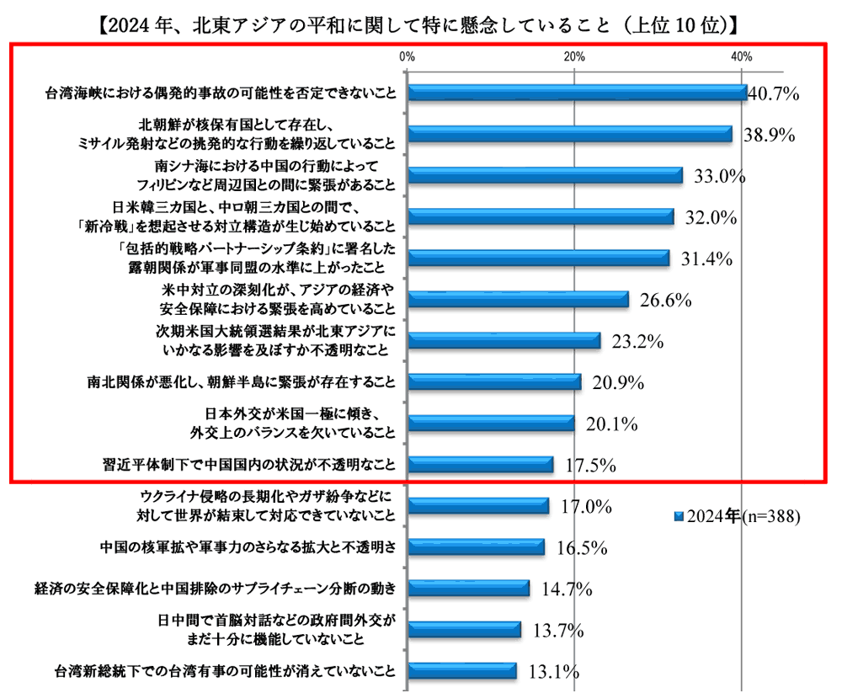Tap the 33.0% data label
click(721, 176)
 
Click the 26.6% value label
click(665, 300)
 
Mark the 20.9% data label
click(618, 382)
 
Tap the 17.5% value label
click(590, 465)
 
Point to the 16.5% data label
click(582, 548)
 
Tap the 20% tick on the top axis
click(573, 56)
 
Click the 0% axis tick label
click(407, 56)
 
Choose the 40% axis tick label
click(741, 56)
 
